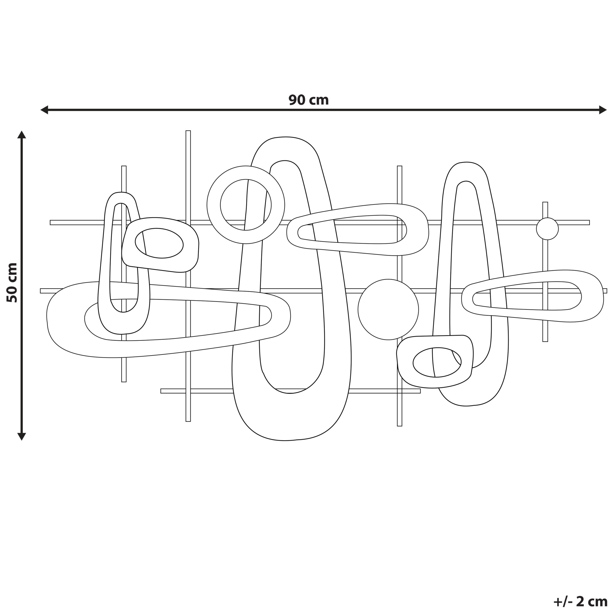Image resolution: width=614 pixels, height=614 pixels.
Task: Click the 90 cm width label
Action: point(308,100)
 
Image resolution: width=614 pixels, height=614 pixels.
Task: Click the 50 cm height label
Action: point(12,283)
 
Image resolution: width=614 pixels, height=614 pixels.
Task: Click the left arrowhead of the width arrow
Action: point(44,110)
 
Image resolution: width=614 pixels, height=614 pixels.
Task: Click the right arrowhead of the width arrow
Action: point(603,110)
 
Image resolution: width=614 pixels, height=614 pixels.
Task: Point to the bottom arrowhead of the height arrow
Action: point(22,436)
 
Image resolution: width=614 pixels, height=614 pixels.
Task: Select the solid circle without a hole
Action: point(388,310)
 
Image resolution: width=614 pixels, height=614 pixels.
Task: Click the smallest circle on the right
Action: point(547,229)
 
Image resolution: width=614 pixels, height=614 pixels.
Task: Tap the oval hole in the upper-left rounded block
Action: point(159,243)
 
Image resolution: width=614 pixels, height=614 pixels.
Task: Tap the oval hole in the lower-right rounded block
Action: point(437,362)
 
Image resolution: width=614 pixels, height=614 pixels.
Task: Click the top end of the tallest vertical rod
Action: point(188,132)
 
